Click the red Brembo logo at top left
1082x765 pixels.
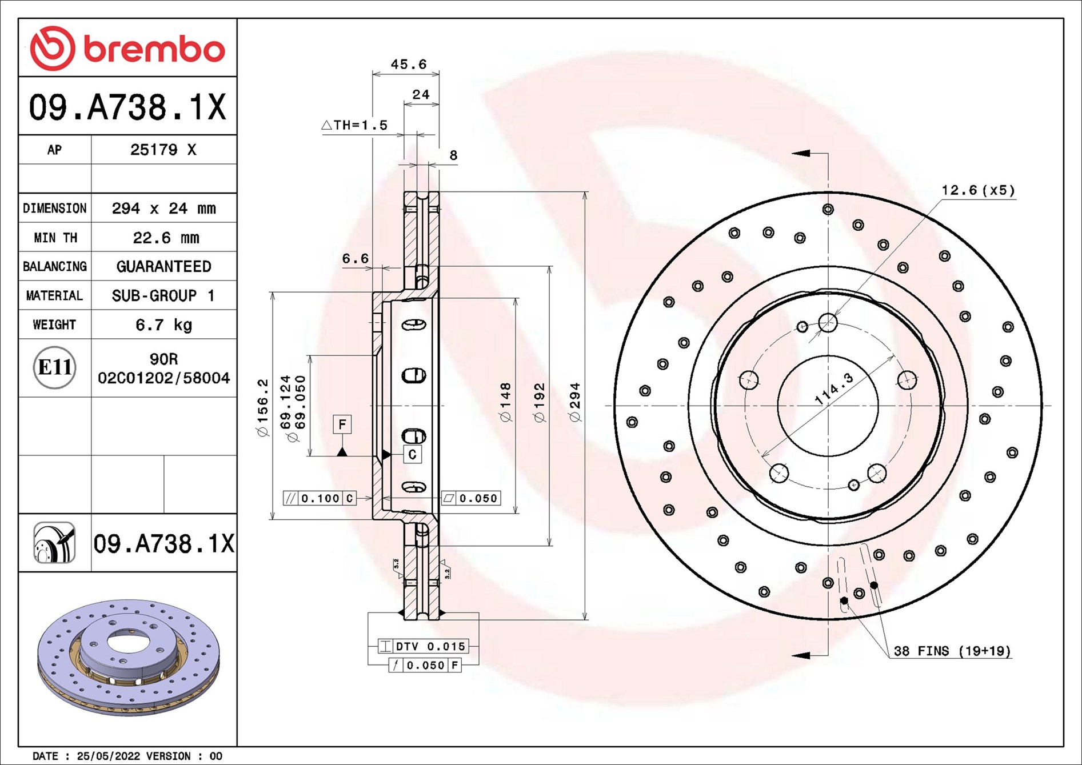click(127, 49)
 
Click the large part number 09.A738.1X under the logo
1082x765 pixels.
click(127, 107)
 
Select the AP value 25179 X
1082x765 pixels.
click(163, 150)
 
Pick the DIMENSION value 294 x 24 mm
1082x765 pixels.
click(164, 209)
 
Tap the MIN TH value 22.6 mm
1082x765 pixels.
click(166, 238)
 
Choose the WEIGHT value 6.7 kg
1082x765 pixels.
click(164, 325)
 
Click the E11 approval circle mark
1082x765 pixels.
click(55, 367)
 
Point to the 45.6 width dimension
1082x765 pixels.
click(409, 64)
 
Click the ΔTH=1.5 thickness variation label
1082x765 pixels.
click(354, 125)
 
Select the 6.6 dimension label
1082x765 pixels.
click(356, 259)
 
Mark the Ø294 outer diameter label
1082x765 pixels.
click(575, 402)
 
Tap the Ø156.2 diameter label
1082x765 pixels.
click(262, 407)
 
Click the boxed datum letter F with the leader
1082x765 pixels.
click(342, 424)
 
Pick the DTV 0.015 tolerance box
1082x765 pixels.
click(424, 646)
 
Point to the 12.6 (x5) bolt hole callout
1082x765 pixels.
click(978, 190)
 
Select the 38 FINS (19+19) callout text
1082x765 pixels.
click(952, 651)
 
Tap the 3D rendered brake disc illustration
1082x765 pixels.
click(129, 657)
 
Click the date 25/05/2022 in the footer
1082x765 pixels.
click(109, 756)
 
